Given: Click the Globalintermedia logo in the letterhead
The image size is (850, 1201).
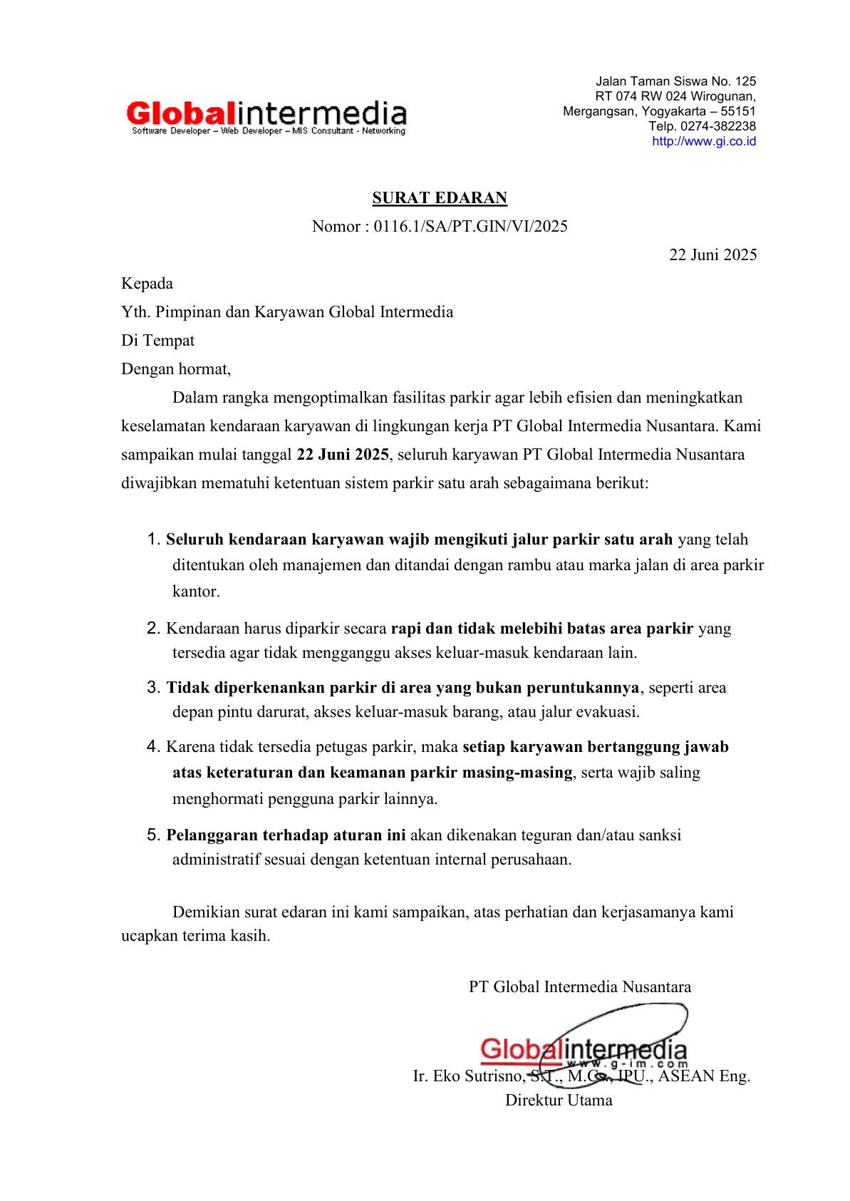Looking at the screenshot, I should (266, 116).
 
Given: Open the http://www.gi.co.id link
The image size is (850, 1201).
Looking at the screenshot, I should (704, 141).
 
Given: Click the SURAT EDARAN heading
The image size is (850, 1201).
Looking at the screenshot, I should (440, 198).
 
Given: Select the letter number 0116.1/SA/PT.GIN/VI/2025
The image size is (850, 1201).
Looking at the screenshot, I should (470, 227).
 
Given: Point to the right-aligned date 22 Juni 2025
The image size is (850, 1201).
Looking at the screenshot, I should (712, 255).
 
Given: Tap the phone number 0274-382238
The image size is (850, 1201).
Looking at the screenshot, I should (717, 126).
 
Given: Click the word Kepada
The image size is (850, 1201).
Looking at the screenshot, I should (147, 284).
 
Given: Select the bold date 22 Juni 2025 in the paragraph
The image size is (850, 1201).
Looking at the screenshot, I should (343, 455).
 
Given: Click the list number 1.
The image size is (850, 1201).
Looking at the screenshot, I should (152, 539).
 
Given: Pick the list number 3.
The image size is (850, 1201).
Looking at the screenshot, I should (152, 687).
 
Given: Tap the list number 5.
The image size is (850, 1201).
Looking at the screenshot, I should (152, 835).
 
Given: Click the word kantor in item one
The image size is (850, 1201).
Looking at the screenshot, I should (195, 592).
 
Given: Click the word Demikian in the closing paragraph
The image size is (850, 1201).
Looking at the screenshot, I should (206, 912).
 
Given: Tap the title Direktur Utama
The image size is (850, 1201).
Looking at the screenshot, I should (559, 1101).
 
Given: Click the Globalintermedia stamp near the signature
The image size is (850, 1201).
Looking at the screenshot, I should (584, 1050).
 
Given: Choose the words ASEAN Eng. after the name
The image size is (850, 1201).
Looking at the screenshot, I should (704, 1076).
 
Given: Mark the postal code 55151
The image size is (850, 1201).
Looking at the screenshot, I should (738, 111).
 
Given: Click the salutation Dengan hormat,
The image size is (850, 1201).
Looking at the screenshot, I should (176, 369).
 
